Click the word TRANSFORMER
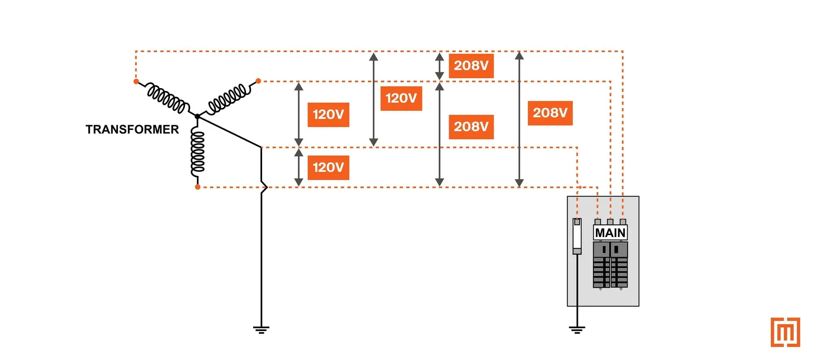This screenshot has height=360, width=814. tap(132, 130)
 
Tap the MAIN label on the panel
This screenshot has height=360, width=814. tap(610, 233)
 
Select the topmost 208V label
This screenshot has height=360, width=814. tap(471, 66)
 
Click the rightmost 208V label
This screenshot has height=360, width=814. tap(550, 113)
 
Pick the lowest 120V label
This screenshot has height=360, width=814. tap(328, 167)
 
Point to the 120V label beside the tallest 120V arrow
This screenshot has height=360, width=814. tap(401, 98)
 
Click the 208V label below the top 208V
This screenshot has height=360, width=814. tap(471, 127)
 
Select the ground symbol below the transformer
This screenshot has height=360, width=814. tap(261, 329)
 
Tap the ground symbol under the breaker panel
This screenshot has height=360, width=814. tap(577, 329)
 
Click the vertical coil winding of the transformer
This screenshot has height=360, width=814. tap(198, 151)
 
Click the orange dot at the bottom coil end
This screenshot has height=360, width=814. tap(197, 187)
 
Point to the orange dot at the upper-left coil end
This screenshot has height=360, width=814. tap(136, 81)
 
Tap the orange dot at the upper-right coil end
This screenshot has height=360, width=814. tap(258, 81)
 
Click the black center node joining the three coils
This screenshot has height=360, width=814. tap(197, 116)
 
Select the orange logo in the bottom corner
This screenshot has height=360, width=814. tap(785, 332)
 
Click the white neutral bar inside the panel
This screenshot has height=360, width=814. tap(577, 236)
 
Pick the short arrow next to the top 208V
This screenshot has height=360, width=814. tap(439, 66)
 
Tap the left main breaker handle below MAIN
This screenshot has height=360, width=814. tap(604, 249)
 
